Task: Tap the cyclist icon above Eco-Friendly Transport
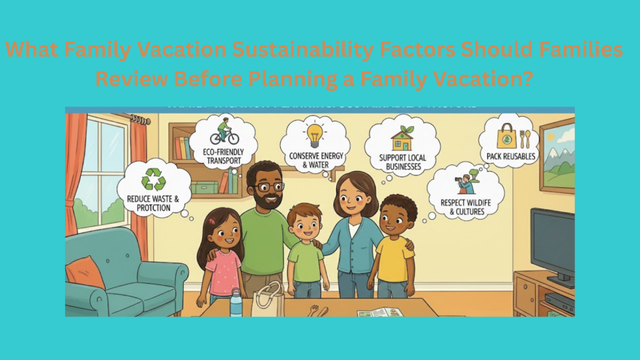point(222,134)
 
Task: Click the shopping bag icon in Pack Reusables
point(506,136)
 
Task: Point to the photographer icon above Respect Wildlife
point(466,183)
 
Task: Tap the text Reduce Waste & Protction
point(153,204)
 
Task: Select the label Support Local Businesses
point(402,162)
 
